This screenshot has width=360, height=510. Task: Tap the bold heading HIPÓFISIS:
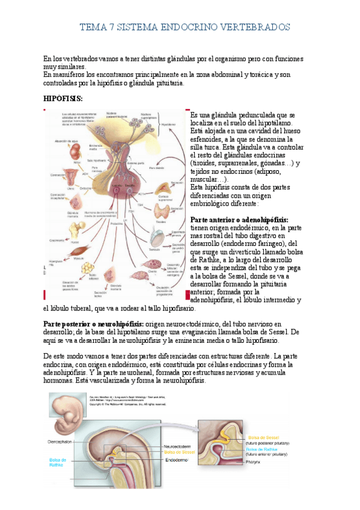63,98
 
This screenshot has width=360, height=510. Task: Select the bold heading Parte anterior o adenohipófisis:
239,220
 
